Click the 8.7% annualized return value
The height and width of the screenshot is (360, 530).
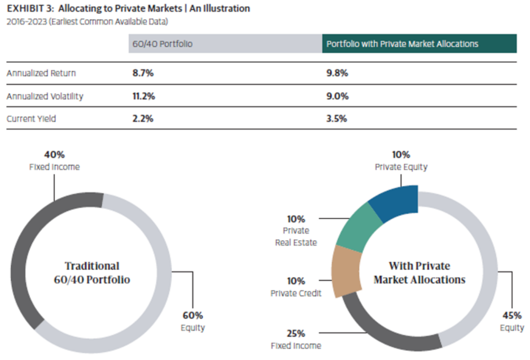(x=143, y=73)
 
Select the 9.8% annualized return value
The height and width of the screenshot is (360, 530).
(x=337, y=73)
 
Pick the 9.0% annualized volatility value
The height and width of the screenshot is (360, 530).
(x=337, y=96)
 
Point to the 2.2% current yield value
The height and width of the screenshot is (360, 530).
(x=143, y=119)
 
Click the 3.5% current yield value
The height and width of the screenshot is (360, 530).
(x=337, y=119)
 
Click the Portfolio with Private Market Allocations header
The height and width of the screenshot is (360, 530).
(x=402, y=44)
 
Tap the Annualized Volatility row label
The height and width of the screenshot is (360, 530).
(x=45, y=96)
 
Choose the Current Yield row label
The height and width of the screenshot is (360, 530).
(x=31, y=119)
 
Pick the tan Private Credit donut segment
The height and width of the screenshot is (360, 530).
(x=342, y=270)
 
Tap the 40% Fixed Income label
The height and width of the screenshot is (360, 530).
(x=54, y=161)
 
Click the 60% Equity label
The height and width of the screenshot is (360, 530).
(x=193, y=321)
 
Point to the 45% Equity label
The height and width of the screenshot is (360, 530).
(x=512, y=321)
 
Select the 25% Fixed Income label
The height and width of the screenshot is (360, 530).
(x=296, y=339)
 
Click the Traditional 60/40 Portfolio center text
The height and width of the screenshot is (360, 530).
(x=92, y=273)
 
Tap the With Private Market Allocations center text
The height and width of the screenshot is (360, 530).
(x=419, y=273)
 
